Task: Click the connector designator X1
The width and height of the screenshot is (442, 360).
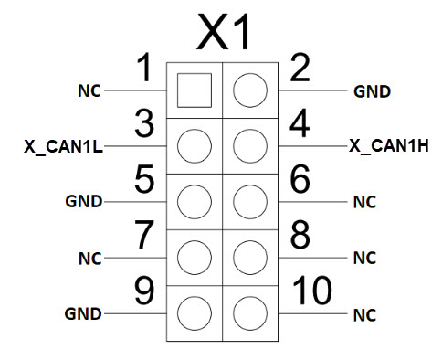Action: click(x=225, y=32)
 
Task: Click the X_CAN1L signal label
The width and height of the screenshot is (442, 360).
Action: click(x=63, y=147)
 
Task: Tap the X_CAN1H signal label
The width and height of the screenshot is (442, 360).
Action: click(x=389, y=145)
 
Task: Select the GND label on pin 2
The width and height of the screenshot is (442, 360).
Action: click(x=372, y=91)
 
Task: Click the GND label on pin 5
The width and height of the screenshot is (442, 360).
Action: click(x=84, y=202)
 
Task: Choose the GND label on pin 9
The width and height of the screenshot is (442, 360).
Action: click(x=83, y=313)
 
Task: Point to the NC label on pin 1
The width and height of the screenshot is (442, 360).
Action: click(x=89, y=90)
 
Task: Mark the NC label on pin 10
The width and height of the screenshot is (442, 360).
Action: click(x=364, y=315)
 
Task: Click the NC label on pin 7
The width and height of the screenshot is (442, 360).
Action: click(x=90, y=259)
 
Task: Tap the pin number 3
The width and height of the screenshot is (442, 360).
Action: click(x=144, y=124)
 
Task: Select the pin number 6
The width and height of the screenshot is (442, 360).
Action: click(x=300, y=179)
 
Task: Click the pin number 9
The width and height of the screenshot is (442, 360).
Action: click(x=144, y=291)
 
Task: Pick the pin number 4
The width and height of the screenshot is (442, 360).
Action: click(x=300, y=123)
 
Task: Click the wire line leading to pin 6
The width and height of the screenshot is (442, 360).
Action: click(x=312, y=202)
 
